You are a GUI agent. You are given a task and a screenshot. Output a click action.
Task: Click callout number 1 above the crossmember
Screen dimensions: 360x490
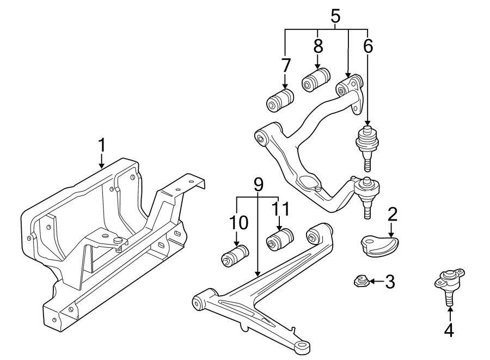pos(101,146)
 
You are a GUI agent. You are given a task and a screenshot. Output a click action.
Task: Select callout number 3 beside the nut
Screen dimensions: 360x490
pos(389,282)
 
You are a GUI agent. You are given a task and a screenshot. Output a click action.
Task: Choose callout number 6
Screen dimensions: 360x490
pos(368,47)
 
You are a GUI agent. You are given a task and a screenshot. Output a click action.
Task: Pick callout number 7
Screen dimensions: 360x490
pos(286,66)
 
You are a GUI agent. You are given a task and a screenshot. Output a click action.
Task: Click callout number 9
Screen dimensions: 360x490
pos(258,184)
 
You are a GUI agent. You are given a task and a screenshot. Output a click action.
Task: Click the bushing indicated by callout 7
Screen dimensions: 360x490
pos(280,100)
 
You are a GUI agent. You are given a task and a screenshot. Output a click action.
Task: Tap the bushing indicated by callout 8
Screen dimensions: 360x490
pos(316,80)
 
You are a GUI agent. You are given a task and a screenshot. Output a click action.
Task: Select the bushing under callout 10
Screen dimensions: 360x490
pos(235,255)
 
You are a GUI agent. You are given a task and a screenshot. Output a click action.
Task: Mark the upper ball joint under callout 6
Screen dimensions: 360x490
pos(367,143)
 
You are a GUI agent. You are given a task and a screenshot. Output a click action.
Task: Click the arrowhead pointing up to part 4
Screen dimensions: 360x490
pos(450,310)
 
